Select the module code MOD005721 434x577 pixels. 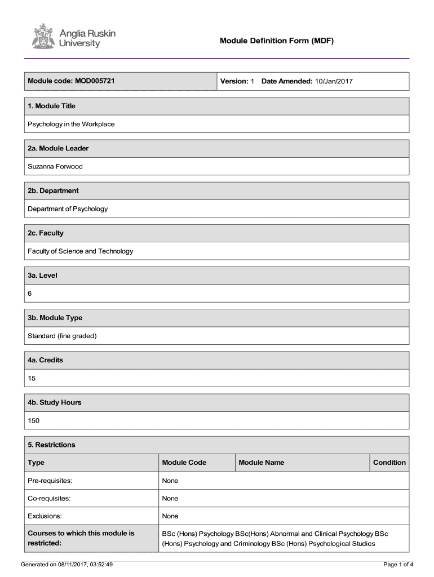[x=95, y=81]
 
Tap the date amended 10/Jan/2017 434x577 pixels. [x=334, y=82]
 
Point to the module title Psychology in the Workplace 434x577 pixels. [x=71, y=124]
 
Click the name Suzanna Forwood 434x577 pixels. [x=55, y=166]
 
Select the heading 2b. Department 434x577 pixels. [x=53, y=190]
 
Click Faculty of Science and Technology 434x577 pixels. [x=81, y=251]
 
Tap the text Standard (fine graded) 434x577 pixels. [x=63, y=336]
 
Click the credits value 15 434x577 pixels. [x=32, y=378]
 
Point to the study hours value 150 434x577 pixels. [x=34, y=420]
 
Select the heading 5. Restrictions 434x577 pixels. [x=51, y=445]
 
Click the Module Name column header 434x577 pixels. [x=262, y=463]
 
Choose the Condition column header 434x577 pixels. [x=389, y=463]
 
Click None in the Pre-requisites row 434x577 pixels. [x=170, y=481]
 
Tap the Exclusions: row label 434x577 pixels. [x=45, y=516]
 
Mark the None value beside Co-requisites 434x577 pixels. [x=170, y=499]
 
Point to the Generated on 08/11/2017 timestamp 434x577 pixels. [x=67, y=564]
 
